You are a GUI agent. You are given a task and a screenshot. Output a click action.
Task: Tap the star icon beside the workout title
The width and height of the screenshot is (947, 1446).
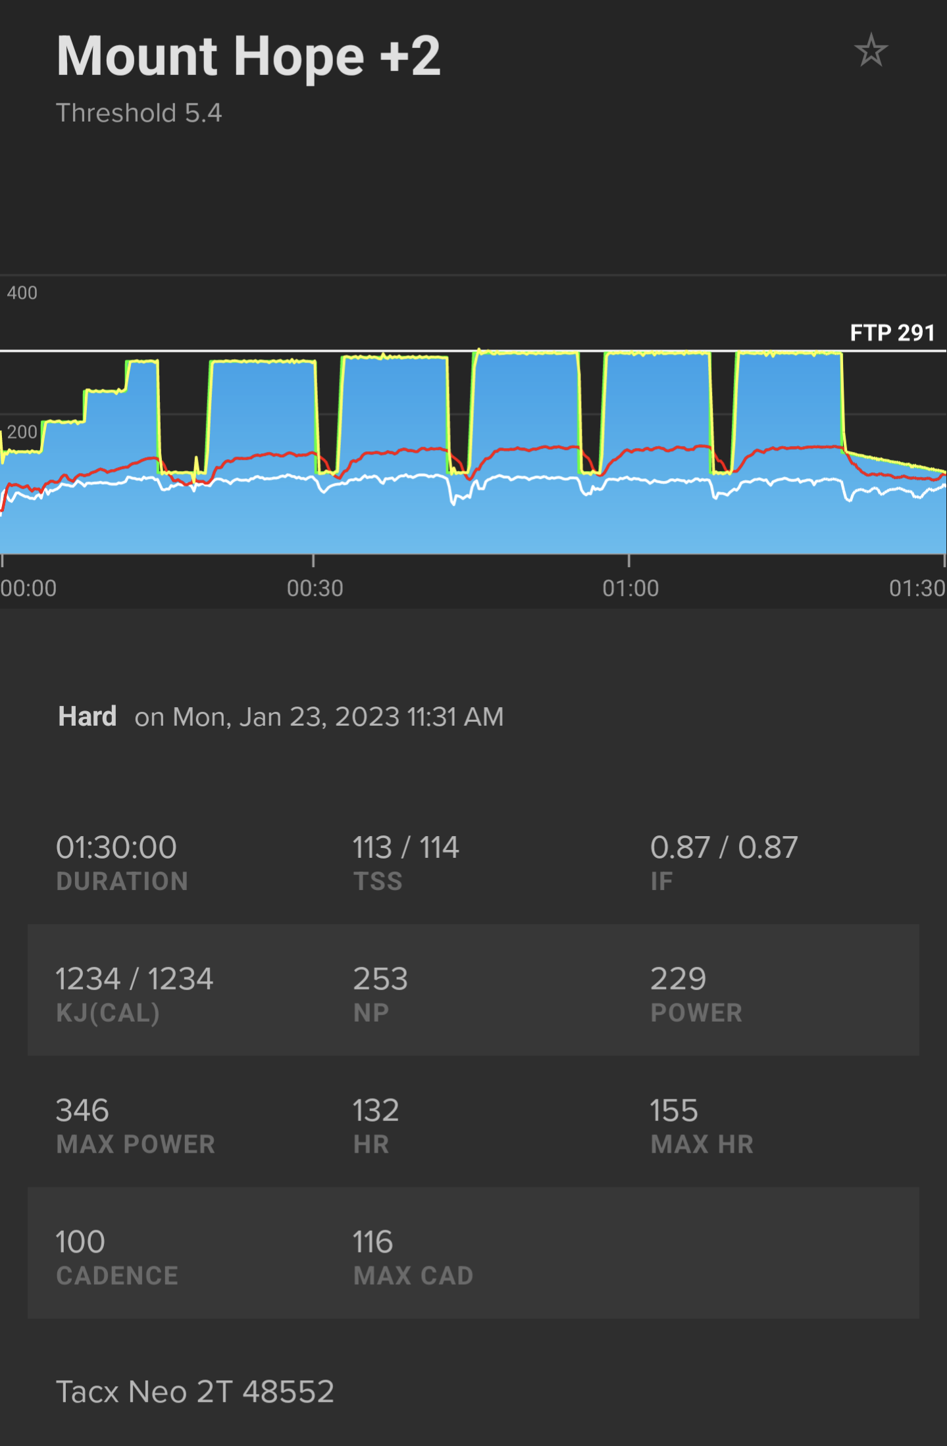click(871, 51)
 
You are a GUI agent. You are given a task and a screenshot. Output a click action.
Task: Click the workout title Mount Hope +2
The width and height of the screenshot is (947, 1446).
click(248, 57)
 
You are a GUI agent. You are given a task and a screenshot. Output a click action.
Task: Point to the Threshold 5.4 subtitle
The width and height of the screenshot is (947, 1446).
click(139, 113)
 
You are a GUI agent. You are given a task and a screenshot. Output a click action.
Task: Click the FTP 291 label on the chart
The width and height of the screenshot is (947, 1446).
click(892, 333)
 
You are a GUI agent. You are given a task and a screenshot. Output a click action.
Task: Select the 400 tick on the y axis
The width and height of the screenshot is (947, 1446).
click(22, 293)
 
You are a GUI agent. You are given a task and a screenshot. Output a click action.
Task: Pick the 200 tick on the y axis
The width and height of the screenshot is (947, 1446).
click(22, 432)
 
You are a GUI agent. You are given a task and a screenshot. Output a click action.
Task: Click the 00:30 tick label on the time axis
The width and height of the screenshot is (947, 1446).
click(315, 588)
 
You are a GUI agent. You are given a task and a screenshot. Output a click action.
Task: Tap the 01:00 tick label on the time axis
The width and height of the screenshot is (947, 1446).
click(630, 588)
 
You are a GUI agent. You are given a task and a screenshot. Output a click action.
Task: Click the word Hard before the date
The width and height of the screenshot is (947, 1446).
click(88, 716)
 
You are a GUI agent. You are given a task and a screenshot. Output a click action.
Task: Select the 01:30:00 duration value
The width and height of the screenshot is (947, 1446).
click(116, 847)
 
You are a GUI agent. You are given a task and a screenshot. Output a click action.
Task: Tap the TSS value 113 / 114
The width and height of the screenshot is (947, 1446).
click(405, 847)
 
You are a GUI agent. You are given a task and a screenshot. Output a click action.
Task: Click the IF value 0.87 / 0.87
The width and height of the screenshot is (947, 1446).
click(724, 847)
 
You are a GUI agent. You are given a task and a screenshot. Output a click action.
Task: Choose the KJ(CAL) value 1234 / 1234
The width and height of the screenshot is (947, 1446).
click(134, 979)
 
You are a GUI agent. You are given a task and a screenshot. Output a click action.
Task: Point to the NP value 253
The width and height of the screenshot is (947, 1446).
click(380, 979)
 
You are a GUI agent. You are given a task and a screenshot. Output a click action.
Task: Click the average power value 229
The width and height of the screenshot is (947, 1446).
click(678, 979)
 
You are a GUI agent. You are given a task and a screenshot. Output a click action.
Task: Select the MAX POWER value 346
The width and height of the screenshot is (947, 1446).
click(82, 1110)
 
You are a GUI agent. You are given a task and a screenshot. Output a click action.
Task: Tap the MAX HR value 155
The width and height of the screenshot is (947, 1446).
click(674, 1110)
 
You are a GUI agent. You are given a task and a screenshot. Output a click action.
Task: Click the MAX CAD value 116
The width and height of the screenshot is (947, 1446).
click(372, 1242)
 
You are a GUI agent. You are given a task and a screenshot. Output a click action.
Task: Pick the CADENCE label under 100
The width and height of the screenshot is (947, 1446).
click(117, 1276)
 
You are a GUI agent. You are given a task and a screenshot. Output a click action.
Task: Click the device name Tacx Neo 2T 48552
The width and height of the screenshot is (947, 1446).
click(195, 1392)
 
